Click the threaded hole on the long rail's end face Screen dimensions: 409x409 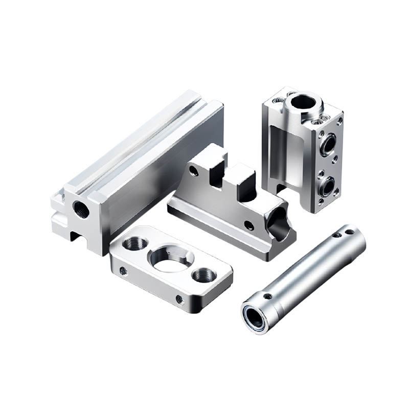click(x=81, y=209)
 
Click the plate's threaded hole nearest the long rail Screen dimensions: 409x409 click(x=136, y=243)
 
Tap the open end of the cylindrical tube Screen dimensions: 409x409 click(x=254, y=315)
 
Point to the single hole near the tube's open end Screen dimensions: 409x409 click(x=266, y=296)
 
